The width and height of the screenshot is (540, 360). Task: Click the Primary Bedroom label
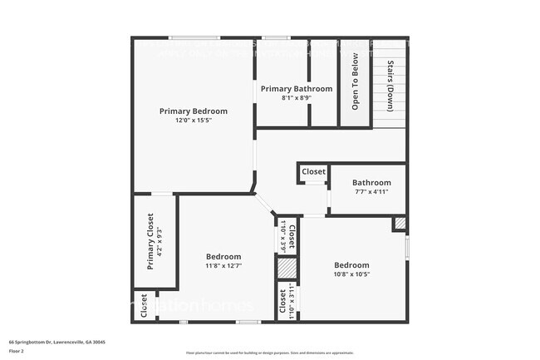[193, 111]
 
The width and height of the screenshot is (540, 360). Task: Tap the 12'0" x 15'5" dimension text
[193, 121]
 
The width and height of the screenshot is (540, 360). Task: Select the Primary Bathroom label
[296, 89]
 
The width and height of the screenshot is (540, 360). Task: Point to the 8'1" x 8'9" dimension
[296, 98]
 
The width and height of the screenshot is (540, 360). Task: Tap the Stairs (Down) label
[389, 86]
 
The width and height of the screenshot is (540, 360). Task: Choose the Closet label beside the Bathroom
[313, 172]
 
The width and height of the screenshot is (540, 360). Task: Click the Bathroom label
[371, 183]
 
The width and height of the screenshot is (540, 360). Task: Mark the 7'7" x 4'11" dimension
[371, 192]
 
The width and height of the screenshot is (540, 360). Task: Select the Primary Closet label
[150, 241]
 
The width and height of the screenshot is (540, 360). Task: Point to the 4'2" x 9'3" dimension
[160, 241]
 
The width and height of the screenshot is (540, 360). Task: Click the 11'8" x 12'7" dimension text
[223, 266]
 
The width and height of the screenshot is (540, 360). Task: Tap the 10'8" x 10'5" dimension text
[351, 274]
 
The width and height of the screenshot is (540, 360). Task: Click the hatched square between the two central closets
[286, 269]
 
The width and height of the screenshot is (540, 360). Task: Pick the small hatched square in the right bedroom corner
[400, 223]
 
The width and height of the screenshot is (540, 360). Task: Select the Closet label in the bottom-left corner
[144, 305]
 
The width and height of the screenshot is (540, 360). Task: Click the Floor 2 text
[17, 351]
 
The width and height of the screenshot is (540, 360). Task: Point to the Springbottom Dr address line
[56, 342]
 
